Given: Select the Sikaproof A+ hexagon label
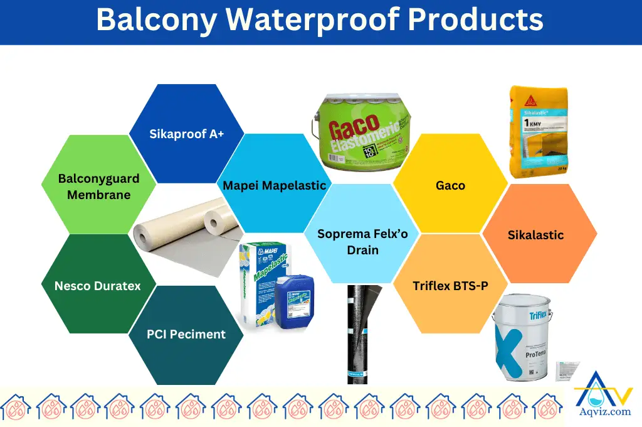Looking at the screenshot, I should [x=186, y=133].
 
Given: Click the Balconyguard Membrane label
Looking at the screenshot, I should [x=98, y=186].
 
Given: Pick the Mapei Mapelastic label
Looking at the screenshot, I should [x=275, y=185].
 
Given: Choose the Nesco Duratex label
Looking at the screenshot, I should [x=97, y=286].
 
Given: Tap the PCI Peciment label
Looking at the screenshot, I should [x=186, y=334].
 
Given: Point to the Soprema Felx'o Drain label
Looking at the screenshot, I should [x=362, y=242].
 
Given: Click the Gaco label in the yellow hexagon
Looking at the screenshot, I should [x=450, y=185].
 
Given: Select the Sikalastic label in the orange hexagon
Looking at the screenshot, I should [x=535, y=235].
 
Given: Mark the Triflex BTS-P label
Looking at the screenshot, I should [x=450, y=286].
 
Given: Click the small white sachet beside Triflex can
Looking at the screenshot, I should [x=568, y=370].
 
